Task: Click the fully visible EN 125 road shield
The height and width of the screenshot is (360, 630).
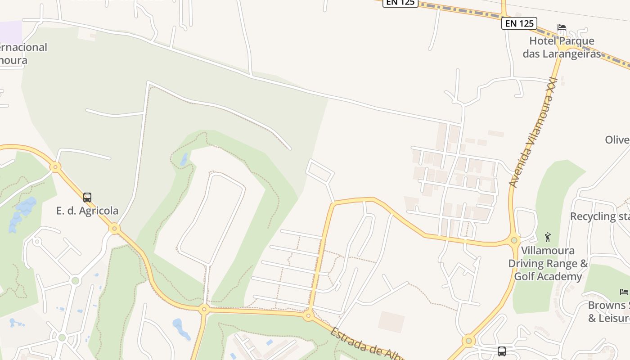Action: coord(519,23)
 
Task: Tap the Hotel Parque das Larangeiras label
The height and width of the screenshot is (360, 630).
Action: coord(562,47)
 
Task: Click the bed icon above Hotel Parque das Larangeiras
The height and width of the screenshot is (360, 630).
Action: coord(561,27)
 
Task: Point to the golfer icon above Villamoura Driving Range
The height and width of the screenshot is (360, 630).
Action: coord(548,237)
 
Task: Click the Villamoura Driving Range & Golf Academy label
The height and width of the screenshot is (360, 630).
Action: coord(548,263)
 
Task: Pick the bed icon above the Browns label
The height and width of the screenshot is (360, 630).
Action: coord(624,292)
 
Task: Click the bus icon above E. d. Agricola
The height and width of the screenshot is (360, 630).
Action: coord(87,197)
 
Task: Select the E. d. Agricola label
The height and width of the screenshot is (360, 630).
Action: coord(87,211)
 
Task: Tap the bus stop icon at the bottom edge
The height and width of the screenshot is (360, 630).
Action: coord(501,351)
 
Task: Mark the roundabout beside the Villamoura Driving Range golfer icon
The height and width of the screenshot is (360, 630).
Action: coord(515,240)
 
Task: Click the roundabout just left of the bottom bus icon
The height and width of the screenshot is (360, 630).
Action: coord(468,341)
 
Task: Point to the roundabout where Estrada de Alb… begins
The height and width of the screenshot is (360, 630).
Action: coord(308,316)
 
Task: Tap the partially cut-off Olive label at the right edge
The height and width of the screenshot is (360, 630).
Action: coord(617,140)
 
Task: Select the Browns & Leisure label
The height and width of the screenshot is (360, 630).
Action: coord(609,312)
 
